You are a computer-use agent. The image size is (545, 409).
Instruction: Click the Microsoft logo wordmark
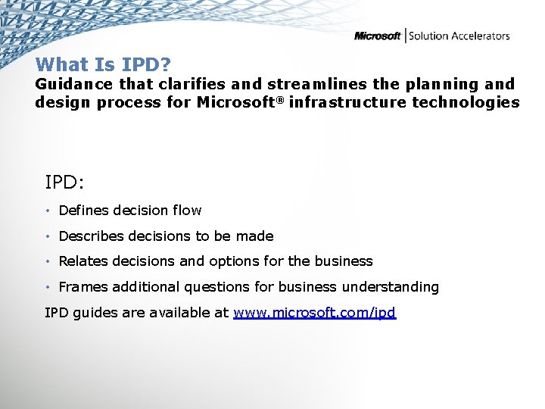pos(377,36)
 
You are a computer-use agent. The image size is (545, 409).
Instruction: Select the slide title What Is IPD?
pos(104,64)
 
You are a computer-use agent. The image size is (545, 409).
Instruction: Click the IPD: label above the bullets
pos(66,183)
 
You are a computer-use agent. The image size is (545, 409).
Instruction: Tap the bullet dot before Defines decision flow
pos(48,211)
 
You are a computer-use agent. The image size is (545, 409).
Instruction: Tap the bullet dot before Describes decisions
pos(48,237)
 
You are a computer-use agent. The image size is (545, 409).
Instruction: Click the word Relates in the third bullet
pos(83,261)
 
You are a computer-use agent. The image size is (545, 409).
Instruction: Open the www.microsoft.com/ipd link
pos(314,313)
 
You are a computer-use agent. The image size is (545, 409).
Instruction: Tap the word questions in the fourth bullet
pos(224,287)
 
